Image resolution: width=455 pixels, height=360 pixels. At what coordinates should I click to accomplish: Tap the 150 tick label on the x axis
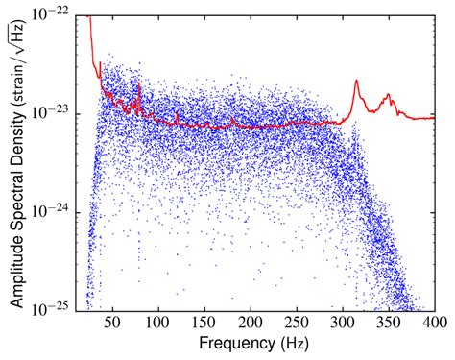coord(205,323)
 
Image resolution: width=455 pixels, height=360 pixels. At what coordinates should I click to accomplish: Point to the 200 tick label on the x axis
coord(251,323)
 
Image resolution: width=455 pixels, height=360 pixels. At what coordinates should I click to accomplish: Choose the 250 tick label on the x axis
coord(297,323)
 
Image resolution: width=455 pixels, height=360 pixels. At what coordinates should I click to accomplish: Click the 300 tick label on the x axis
coord(343,323)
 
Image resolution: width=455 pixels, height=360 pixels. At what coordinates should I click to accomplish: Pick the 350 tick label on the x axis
coord(389,323)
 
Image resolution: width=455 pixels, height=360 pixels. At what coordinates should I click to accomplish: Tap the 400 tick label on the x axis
coord(434,323)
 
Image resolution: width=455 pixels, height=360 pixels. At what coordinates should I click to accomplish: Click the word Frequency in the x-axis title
coord(233,344)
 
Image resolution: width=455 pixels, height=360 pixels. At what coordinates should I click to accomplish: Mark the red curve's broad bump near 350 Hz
coord(388,96)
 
